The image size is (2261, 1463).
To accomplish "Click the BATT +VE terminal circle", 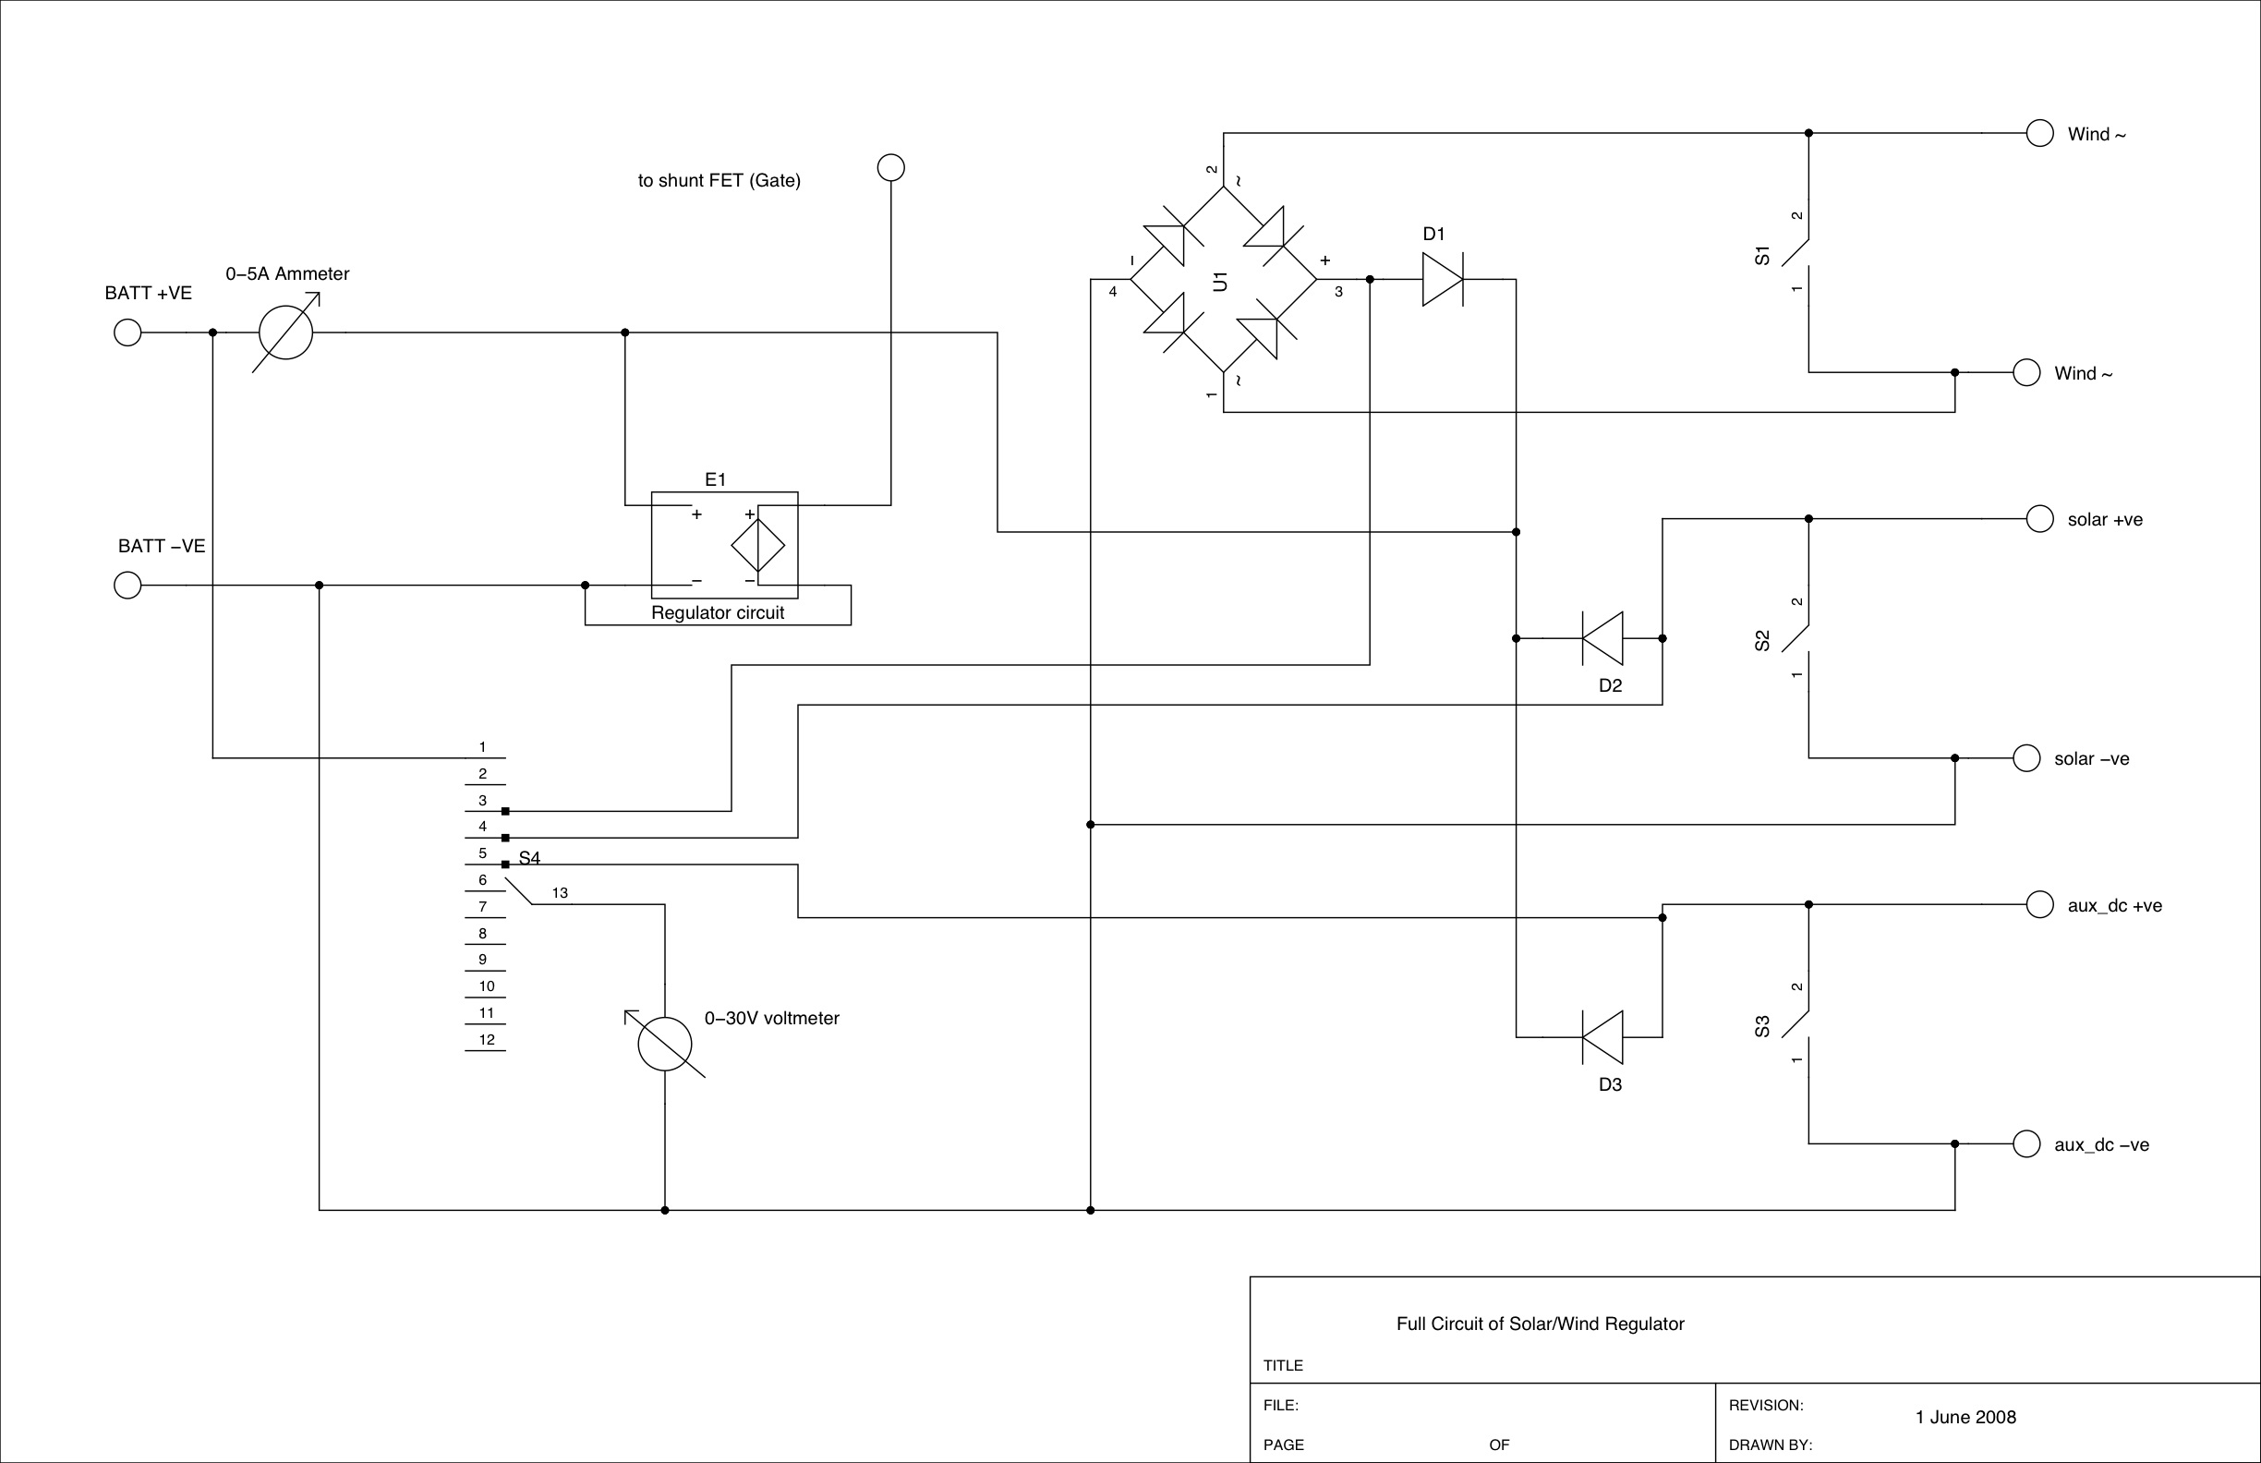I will pos(127,332).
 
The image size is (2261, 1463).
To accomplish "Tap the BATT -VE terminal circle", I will pos(127,586).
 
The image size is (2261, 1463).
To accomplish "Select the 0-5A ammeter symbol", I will pos(286,332).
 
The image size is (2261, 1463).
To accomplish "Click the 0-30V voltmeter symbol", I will pos(665,1044).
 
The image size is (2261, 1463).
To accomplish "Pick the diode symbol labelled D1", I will pos(1442,279).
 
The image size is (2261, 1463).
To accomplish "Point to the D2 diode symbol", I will pos(1602,638).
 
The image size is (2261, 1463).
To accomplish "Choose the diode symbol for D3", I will pos(1602,1037).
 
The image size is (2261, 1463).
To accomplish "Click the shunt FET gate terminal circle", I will pos(891,168).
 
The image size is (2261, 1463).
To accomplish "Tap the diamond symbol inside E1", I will pos(758,545).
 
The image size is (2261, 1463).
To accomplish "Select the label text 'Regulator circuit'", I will pos(718,612).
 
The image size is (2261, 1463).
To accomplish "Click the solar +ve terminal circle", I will pos(2040,519).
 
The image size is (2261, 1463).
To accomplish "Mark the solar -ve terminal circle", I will pos(2027,758).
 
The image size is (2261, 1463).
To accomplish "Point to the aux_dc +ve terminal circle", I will pos(2040,904).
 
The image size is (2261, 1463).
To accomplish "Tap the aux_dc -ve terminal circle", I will pos(2027,1143).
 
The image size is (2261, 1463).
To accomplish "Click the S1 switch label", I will pos(1762,255).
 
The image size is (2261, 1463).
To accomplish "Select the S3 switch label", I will pos(1762,1026).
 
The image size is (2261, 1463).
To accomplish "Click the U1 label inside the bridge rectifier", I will pos(1221,281).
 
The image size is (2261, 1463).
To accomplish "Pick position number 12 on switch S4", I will pos(487,1039).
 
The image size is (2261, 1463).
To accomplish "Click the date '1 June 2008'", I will pos(1965,1418).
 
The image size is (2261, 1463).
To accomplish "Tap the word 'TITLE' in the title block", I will pos(1283,1365).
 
